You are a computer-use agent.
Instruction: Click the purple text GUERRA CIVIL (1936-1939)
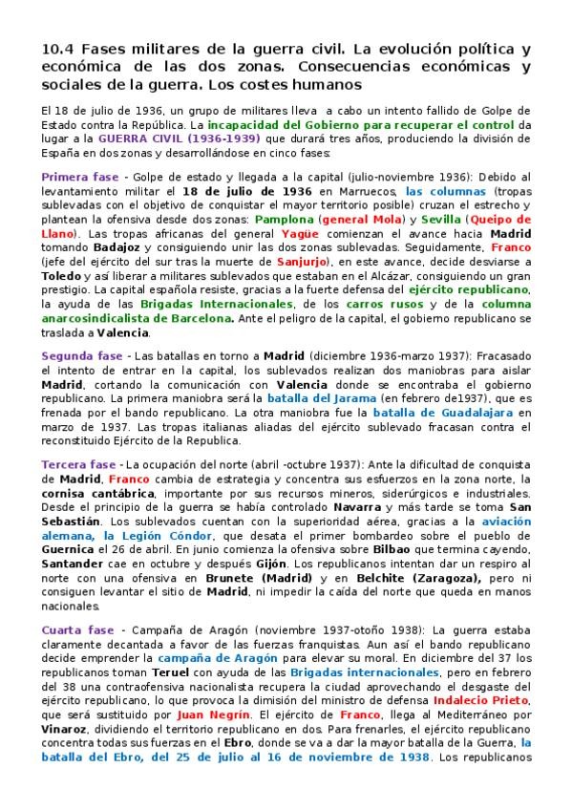click(x=180, y=138)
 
